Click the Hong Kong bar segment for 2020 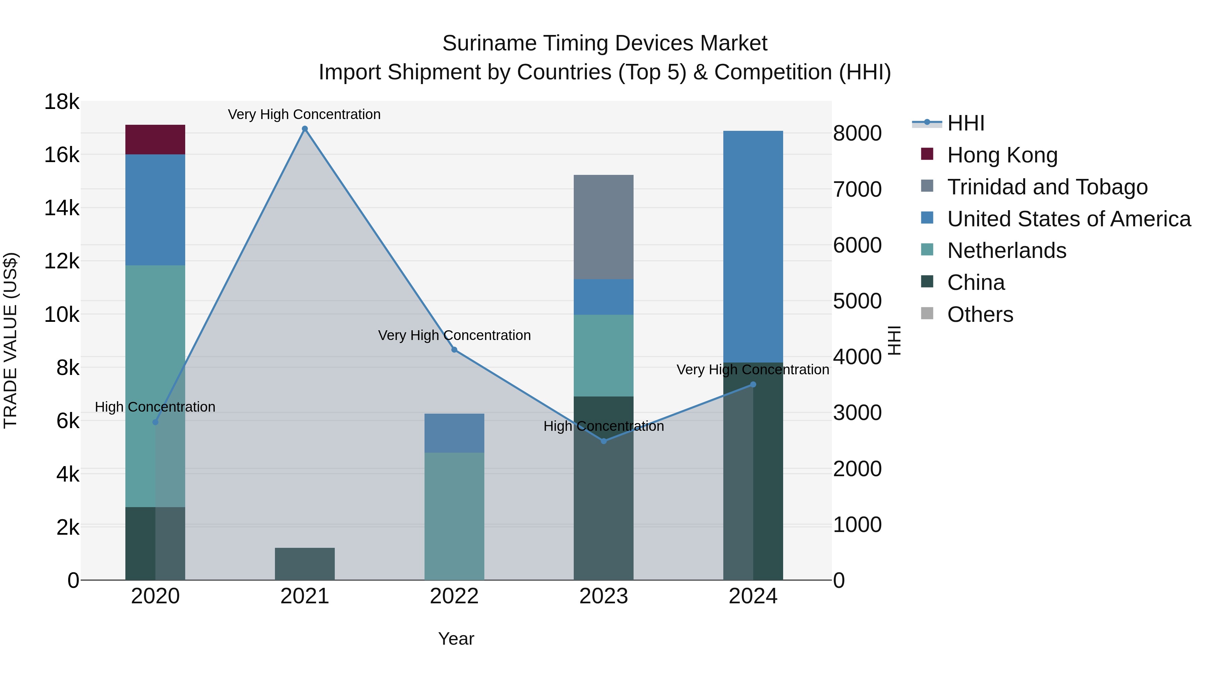coord(155,140)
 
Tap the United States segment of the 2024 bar coord(753,247)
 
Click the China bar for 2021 coord(305,564)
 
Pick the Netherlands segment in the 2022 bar coord(454,516)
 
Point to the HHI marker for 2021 coord(305,129)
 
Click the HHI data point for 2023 coord(604,441)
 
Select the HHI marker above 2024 coord(753,384)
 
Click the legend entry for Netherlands coord(1006,251)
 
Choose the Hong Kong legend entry coord(1002,155)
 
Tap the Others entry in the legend coord(980,314)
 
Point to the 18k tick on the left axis coord(62,102)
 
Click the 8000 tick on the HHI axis coord(857,134)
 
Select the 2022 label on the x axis coord(454,596)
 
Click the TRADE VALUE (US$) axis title coord(11,340)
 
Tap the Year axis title coord(456,639)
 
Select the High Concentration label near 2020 coord(155,407)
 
